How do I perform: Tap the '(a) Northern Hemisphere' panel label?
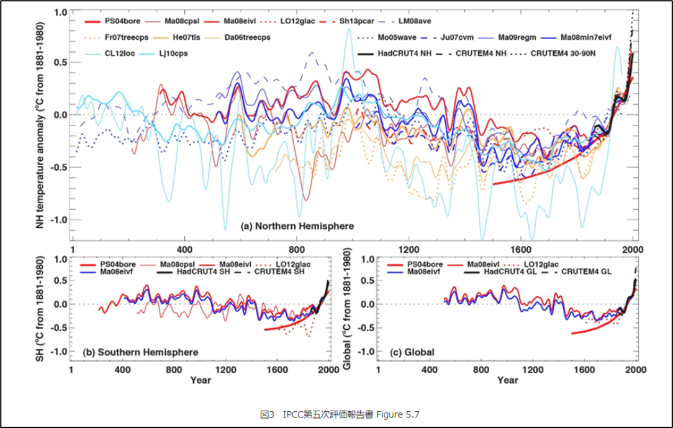(x=297, y=227)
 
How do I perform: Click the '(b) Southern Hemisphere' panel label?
(x=141, y=352)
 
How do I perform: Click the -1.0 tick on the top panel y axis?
(x=58, y=220)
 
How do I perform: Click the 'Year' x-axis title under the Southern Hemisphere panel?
(x=201, y=380)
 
